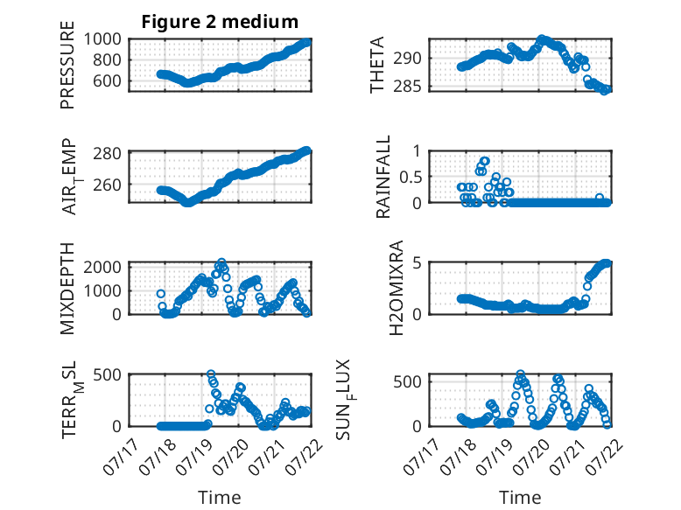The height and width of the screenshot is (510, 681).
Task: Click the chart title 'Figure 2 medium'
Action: click(x=220, y=22)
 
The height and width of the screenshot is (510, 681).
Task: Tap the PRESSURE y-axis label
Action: click(x=67, y=65)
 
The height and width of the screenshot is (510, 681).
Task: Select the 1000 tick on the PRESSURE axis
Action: click(x=102, y=39)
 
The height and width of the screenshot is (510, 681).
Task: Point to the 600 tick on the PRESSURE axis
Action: click(x=107, y=80)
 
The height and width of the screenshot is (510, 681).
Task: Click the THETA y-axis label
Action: click(x=377, y=65)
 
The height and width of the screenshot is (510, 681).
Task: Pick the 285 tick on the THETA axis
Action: click(x=407, y=87)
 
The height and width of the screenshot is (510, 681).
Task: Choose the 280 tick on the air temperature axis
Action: click(x=107, y=153)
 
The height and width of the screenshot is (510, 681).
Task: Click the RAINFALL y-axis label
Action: click(x=383, y=177)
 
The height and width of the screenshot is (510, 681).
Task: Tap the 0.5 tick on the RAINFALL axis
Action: click(x=411, y=177)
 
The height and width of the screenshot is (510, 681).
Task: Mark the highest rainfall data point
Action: click(x=485, y=161)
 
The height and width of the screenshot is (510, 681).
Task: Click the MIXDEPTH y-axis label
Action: click(x=67, y=289)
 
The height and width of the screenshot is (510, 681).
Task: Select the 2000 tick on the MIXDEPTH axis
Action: click(x=102, y=267)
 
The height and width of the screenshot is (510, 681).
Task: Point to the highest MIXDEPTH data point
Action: click(x=221, y=262)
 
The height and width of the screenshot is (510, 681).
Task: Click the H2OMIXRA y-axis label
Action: click(x=397, y=288)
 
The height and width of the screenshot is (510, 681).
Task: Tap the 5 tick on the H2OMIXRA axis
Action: click(x=418, y=263)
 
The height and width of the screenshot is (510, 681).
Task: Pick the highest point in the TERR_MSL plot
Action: click(x=211, y=374)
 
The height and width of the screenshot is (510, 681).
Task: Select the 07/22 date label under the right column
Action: click(x=606, y=457)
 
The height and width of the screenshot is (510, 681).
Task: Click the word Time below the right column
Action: click(x=520, y=497)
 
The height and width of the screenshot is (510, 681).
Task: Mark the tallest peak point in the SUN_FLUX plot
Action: click(x=520, y=374)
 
